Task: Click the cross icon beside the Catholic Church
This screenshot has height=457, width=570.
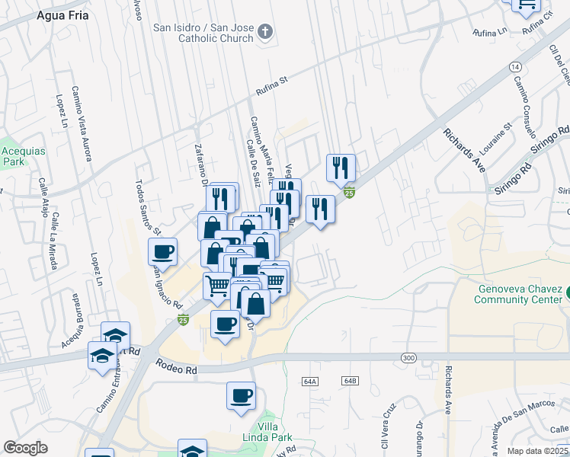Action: click(265, 31)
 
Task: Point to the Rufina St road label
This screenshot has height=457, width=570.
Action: click(274, 86)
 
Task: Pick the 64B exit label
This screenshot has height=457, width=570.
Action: click(350, 380)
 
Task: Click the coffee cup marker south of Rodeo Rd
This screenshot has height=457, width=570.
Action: click(241, 396)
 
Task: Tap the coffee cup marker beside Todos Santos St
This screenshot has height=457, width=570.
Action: click(163, 251)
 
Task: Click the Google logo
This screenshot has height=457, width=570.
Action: click(25, 448)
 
